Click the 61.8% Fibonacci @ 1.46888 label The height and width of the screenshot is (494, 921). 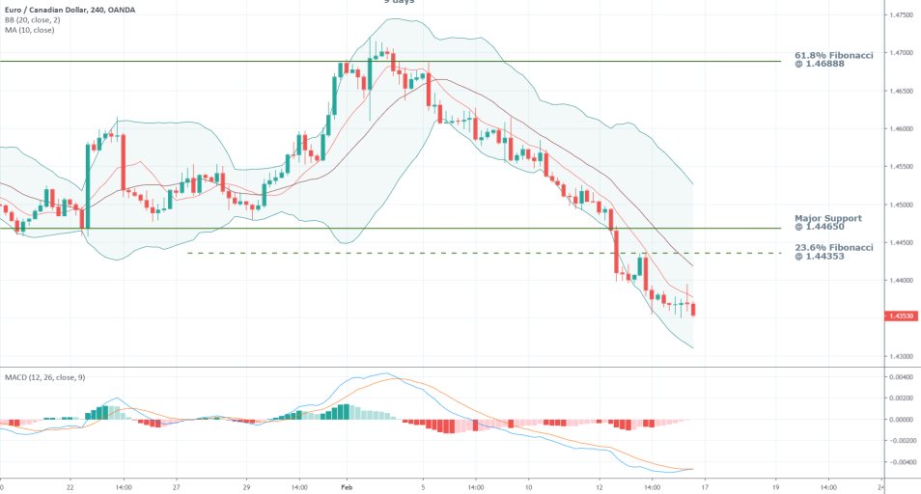pyautogui.click(x=833, y=62)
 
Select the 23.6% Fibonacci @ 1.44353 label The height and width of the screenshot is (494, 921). pyautogui.click(x=833, y=252)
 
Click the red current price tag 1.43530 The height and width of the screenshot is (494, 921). pyautogui.click(x=902, y=316)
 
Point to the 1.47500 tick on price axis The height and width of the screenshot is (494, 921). pyautogui.click(x=902, y=15)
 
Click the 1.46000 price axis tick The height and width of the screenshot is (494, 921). pyautogui.click(x=902, y=129)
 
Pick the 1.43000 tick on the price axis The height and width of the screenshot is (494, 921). pyautogui.click(x=902, y=357)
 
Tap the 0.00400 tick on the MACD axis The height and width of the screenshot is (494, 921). pyautogui.click(x=902, y=376)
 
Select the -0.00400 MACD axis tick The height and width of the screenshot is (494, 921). pyautogui.click(x=900, y=462)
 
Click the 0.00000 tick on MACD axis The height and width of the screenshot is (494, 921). pyautogui.click(x=902, y=420)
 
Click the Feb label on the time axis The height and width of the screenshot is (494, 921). pyautogui.click(x=346, y=488)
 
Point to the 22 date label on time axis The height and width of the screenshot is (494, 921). pyautogui.click(x=70, y=488)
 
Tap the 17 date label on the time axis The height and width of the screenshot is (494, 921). pyautogui.click(x=707, y=488)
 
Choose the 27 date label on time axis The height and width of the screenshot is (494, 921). pyautogui.click(x=177, y=488)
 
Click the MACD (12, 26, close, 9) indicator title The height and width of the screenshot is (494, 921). pyautogui.click(x=43, y=377)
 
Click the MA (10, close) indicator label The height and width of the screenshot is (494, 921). pyautogui.click(x=29, y=30)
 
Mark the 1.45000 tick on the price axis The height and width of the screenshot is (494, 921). pyautogui.click(x=902, y=206)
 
